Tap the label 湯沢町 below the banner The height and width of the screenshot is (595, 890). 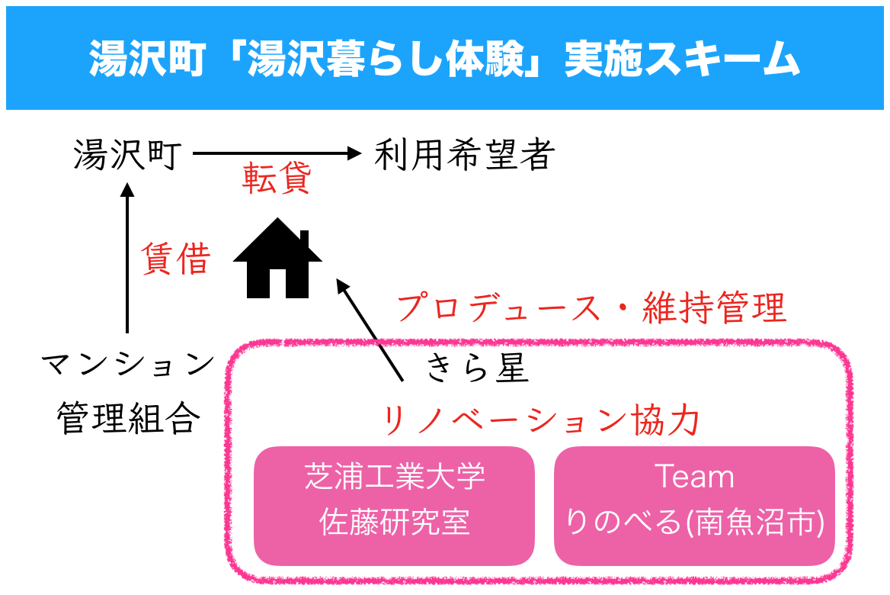pyautogui.click(x=126, y=156)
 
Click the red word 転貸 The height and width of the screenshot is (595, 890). pyautogui.click(x=277, y=180)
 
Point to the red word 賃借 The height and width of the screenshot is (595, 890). pyautogui.click(x=175, y=260)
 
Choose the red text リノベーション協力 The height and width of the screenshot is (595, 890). pyautogui.click(x=539, y=420)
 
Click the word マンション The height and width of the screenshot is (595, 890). pyautogui.click(x=128, y=364)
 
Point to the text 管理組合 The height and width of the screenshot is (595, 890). pyautogui.click(x=128, y=418)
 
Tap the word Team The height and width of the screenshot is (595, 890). pyautogui.click(x=694, y=478)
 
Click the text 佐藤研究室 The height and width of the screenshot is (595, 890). pyautogui.click(x=394, y=523)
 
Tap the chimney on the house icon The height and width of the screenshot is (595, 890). pyautogui.click(x=303, y=242)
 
